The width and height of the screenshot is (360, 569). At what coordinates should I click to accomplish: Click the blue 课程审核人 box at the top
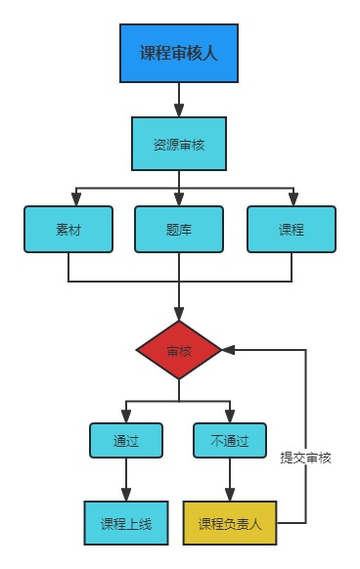[x=179, y=53]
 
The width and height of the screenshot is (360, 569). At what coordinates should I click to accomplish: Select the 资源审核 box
[x=179, y=144]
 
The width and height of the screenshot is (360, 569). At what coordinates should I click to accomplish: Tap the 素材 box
[x=68, y=230]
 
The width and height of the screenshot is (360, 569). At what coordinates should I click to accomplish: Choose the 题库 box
[x=179, y=230]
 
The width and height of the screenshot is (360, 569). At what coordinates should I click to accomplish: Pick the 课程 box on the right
[x=291, y=230]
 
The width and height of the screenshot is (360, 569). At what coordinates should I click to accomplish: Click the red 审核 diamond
[x=179, y=350]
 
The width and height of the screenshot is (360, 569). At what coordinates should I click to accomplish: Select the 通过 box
[x=126, y=440]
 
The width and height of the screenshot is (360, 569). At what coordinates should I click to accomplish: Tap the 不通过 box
[x=230, y=440]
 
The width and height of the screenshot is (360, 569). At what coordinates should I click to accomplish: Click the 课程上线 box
[x=126, y=523]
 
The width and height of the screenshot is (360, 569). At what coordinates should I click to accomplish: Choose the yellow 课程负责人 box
[x=230, y=523]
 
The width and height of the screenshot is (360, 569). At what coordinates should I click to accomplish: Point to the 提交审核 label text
[x=306, y=458]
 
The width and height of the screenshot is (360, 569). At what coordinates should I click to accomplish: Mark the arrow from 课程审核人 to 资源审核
[x=179, y=100]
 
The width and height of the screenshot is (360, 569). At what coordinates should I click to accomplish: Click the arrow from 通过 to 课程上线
[x=126, y=479]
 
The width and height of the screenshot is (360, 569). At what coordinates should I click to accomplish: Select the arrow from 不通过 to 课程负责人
[x=230, y=479]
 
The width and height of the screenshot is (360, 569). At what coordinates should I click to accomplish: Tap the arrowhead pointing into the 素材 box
[x=68, y=199]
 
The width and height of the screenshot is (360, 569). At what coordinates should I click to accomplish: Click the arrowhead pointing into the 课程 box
[x=291, y=199]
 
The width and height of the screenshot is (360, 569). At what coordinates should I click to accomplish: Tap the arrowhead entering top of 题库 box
[x=179, y=199]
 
